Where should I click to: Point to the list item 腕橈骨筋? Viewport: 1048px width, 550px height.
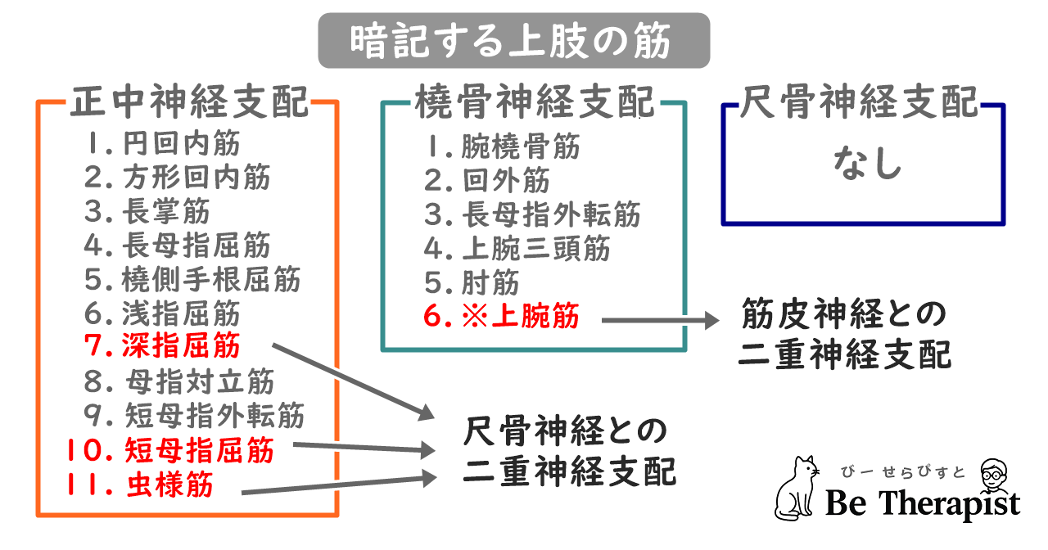(x=521, y=147)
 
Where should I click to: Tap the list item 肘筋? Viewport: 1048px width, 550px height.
(x=490, y=282)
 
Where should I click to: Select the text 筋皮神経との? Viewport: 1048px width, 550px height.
(x=843, y=313)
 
